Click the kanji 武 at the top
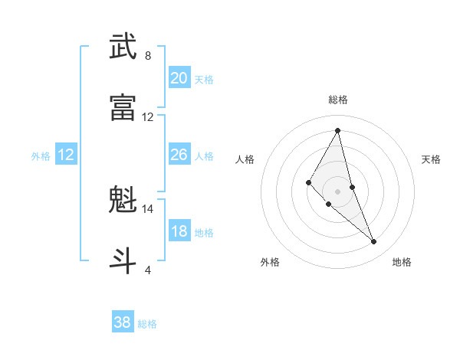(123, 47)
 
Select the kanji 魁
(123, 201)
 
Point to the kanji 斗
(123, 260)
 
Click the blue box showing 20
(179, 78)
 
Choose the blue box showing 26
(179, 155)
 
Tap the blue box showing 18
(179, 231)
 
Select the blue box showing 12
(66, 155)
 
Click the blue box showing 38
(122, 322)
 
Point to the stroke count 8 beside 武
(148, 56)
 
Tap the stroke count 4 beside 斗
(148, 270)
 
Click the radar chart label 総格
(338, 100)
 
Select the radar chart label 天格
(432, 159)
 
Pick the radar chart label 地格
(402, 262)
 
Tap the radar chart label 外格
(270, 262)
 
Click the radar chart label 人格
(245, 159)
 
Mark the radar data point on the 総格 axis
(338, 129)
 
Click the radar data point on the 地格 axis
(374, 242)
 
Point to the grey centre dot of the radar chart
(338, 191)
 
